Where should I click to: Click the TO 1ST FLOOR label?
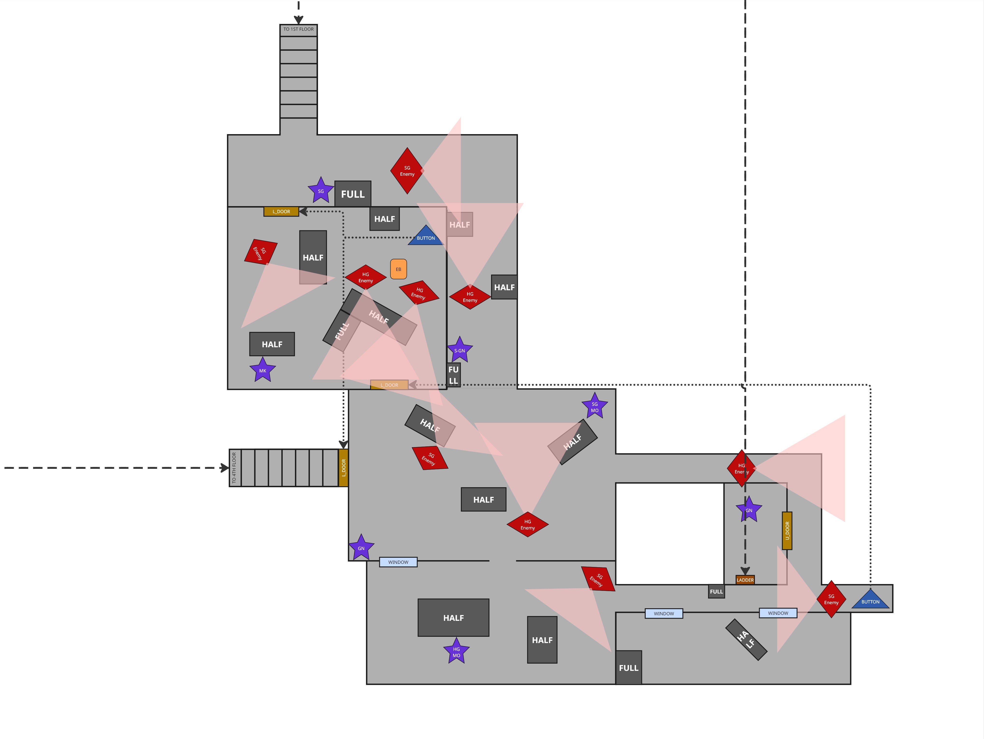(x=298, y=29)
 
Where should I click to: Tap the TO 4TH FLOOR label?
(x=234, y=468)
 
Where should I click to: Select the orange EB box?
(x=398, y=269)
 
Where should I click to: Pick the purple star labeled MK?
(x=262, y=370)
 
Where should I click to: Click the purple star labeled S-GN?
(x=460, y=350)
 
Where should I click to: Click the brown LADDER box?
(x=745, y=580)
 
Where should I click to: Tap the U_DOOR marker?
(x=787, y=530)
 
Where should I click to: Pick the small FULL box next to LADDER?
(x=716, y=591)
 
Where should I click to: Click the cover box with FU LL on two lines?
(x=453, y=375)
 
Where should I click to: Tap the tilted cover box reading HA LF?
(x=746, y=639)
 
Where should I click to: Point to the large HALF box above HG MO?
(x=453, y=617)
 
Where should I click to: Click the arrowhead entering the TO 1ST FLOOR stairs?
(x=298, y=20)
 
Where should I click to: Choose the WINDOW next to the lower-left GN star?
(x=398, y=562)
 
